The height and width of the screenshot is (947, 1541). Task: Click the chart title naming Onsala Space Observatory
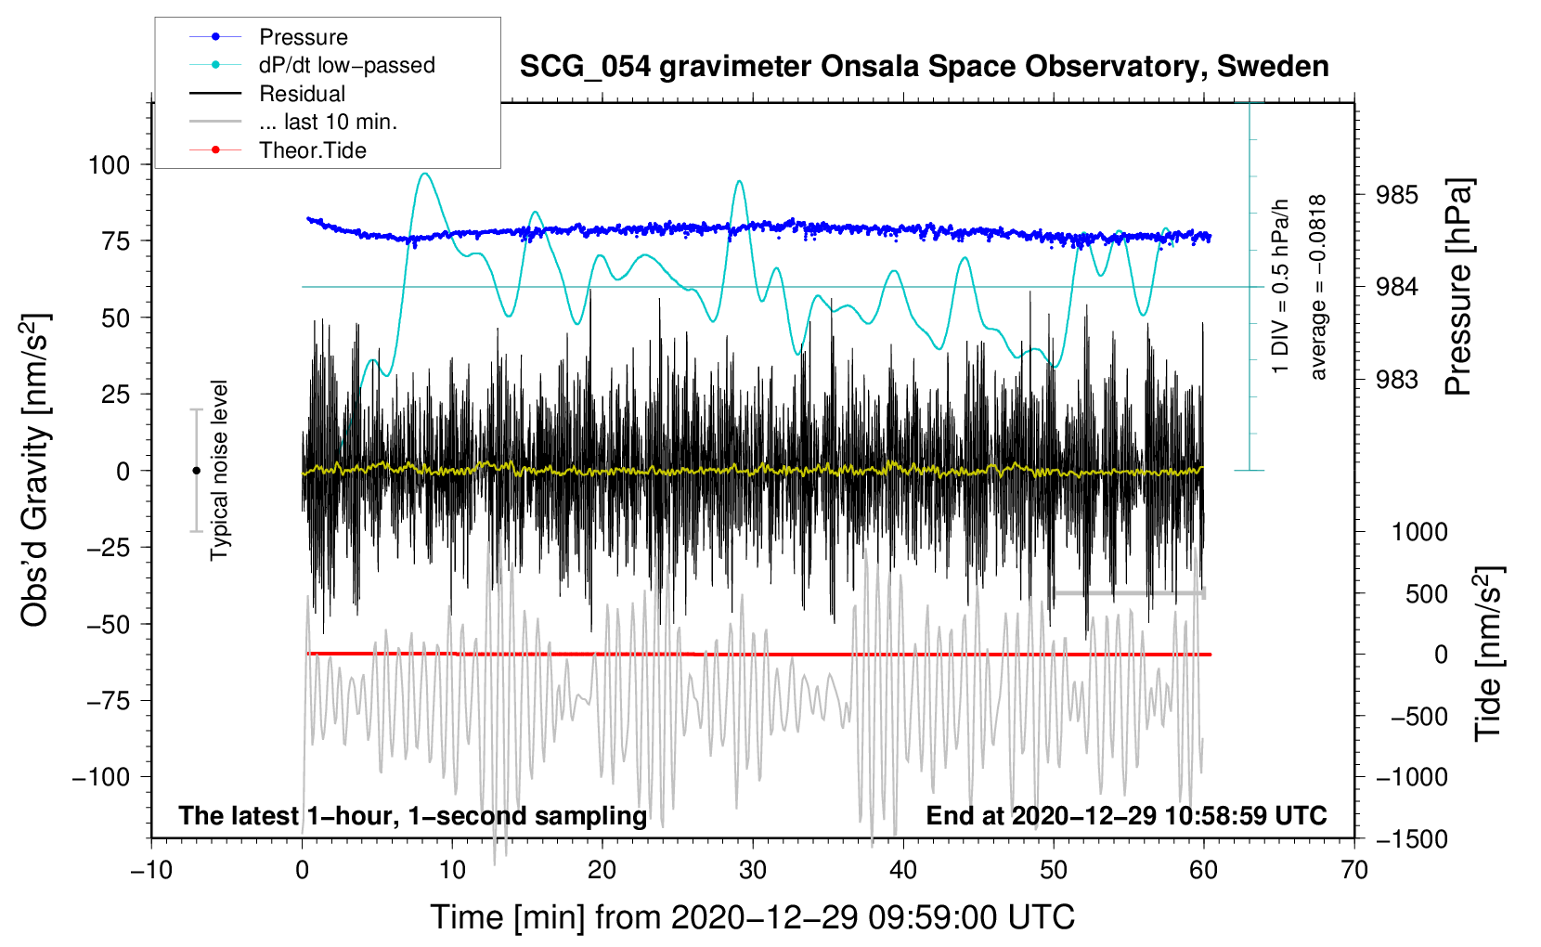click(x=924, y=67)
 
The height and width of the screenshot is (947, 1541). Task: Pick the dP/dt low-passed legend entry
click(x=346, y=65)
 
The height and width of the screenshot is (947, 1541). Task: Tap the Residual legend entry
click(x=302, y=94)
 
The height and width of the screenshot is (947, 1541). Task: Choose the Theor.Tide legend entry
click(x=312, y=150)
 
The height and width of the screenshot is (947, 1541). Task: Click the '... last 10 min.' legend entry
click(x=328, y=122)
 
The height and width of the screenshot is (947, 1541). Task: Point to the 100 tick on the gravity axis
click(x=109, y=165)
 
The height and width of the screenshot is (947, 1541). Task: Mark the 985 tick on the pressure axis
click(x=1397, y=195)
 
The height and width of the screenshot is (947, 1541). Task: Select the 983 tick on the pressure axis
click(x=1397, y=380)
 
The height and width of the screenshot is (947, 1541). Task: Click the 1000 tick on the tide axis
click(x=1419, y=532)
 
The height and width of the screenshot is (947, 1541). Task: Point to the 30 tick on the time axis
click(x=753, y=870)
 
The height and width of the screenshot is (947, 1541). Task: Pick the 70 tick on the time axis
click(x=1354, y=870)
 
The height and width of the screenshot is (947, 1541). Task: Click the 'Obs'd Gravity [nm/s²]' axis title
click(x=34, y=471)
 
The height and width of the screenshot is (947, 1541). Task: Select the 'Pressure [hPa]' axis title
click(x=1458, y=288)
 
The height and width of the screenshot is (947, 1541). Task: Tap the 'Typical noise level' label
click(x=219, y=471)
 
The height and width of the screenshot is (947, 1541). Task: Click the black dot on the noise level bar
click(x=196, y=471)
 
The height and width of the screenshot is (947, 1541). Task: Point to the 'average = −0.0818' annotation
click(x=1318, y=288)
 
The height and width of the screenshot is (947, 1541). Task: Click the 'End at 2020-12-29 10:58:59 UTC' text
click(x=1126, y=816)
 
